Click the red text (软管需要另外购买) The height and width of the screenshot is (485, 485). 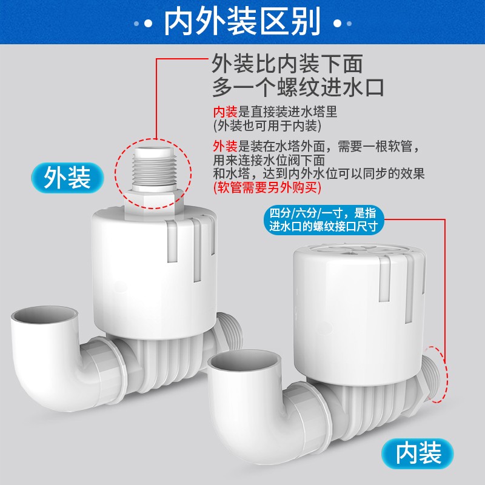tap(267, 189)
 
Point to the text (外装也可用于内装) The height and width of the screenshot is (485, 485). tap(267, 125)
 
